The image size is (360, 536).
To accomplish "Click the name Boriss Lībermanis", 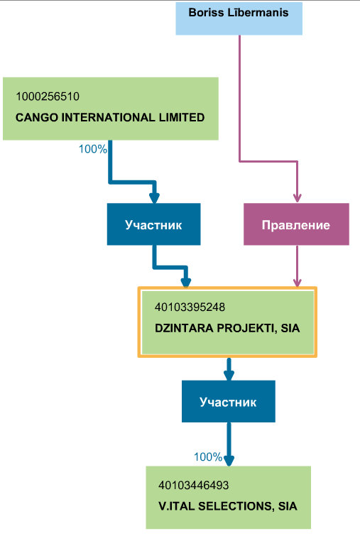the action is coord(239,13).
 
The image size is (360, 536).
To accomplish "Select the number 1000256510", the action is coord(48,97).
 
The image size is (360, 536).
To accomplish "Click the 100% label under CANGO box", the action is coord(92,149).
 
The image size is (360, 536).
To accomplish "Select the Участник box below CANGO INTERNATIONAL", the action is coord(153,224).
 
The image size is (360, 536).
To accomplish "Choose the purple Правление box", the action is coord(296,224).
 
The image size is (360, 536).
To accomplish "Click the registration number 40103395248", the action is coord(190,307).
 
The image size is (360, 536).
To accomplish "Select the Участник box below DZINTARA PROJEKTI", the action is coord(229,401).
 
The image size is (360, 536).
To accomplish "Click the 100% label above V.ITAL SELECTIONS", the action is coord(208,456).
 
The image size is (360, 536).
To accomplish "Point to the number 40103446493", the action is coord(194,485).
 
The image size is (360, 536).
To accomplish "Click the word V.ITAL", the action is coord(177,506).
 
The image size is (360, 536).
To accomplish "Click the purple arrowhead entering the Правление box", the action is coord(297,197).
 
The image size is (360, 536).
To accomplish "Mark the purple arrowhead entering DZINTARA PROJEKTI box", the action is coord(297,282).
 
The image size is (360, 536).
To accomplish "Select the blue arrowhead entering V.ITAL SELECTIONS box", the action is coord(229,461).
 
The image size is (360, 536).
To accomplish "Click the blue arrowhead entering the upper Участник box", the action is coord(154,198).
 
